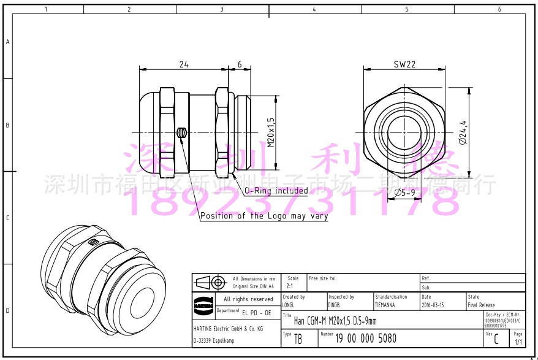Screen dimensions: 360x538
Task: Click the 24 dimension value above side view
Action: coord(184,64)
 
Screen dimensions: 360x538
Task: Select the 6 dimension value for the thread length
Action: coord(239,64)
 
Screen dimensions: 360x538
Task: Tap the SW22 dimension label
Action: coord(404,64)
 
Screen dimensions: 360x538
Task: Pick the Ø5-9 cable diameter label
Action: coord(404,193)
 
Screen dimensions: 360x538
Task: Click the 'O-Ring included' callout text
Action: coord(276,191)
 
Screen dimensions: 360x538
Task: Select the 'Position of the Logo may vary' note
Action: coord(264,216)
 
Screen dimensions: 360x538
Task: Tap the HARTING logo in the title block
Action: coord(203,302)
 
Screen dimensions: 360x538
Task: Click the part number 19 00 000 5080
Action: coord(366,338)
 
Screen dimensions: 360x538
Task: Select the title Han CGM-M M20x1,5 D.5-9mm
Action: coord(335,321)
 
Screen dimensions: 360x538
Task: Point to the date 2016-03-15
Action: coord(433,305)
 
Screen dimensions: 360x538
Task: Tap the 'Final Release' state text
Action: coord(481,305)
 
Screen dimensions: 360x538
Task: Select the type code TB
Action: coord(298,339)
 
